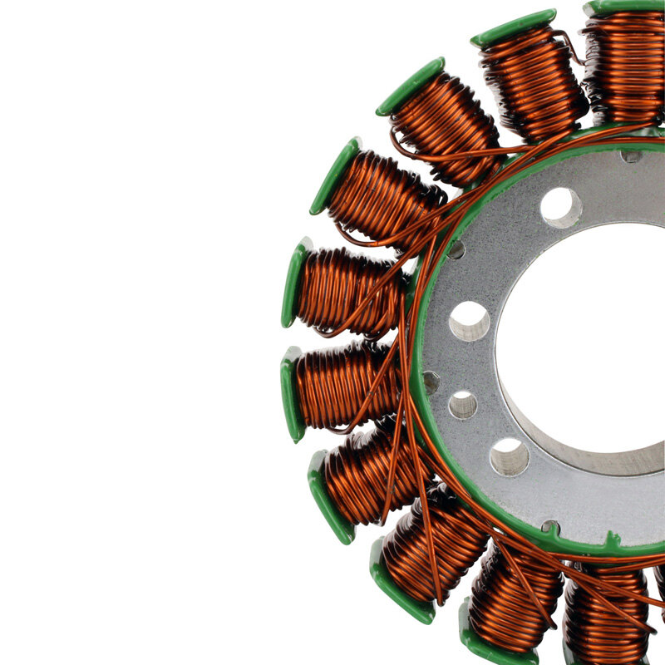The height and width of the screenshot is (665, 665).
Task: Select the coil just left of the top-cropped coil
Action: (532, 79)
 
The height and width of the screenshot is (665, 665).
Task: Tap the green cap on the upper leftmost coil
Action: (293, 283)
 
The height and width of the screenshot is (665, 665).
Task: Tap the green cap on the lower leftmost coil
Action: (291, 394)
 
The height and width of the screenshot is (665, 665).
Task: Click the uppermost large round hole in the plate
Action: (561, 207)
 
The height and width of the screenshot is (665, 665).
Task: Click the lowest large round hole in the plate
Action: (510, 456)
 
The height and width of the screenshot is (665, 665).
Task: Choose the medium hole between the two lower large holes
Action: (463, 405)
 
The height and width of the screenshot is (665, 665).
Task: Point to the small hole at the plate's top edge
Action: (632, 155)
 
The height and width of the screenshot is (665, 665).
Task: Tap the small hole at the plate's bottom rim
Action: (550, 526)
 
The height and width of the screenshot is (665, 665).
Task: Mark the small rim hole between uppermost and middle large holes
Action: (456, 249)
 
